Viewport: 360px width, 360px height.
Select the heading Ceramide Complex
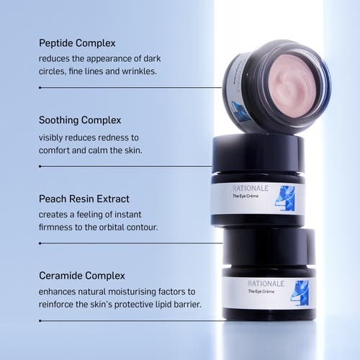81,275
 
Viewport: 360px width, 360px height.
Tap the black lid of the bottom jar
268,246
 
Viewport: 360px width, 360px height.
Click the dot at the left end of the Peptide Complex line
40,87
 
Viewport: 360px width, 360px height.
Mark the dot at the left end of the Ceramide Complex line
40,320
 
